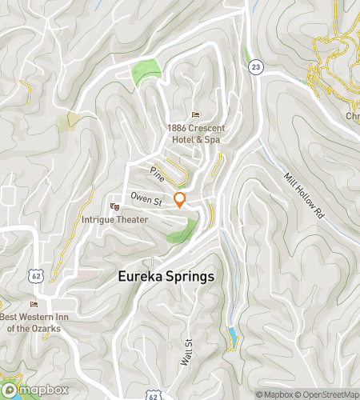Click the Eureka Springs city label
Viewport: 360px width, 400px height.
click(166, 277)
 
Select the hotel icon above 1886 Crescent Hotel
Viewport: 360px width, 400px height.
click(196, 114)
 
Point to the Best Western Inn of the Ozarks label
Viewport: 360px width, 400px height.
click(34, 322)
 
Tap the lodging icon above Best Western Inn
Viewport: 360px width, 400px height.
click(33, 305)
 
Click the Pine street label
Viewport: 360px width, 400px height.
click(158, 173)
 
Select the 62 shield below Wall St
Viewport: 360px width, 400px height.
click(154, 394)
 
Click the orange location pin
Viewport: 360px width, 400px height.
click(180, 200)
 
